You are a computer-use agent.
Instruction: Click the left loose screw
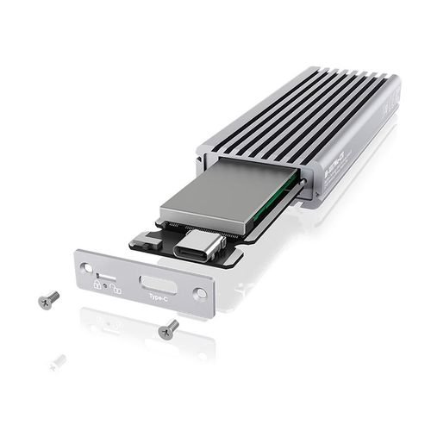click(49, 299)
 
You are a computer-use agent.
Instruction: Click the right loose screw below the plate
click(169, 329)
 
